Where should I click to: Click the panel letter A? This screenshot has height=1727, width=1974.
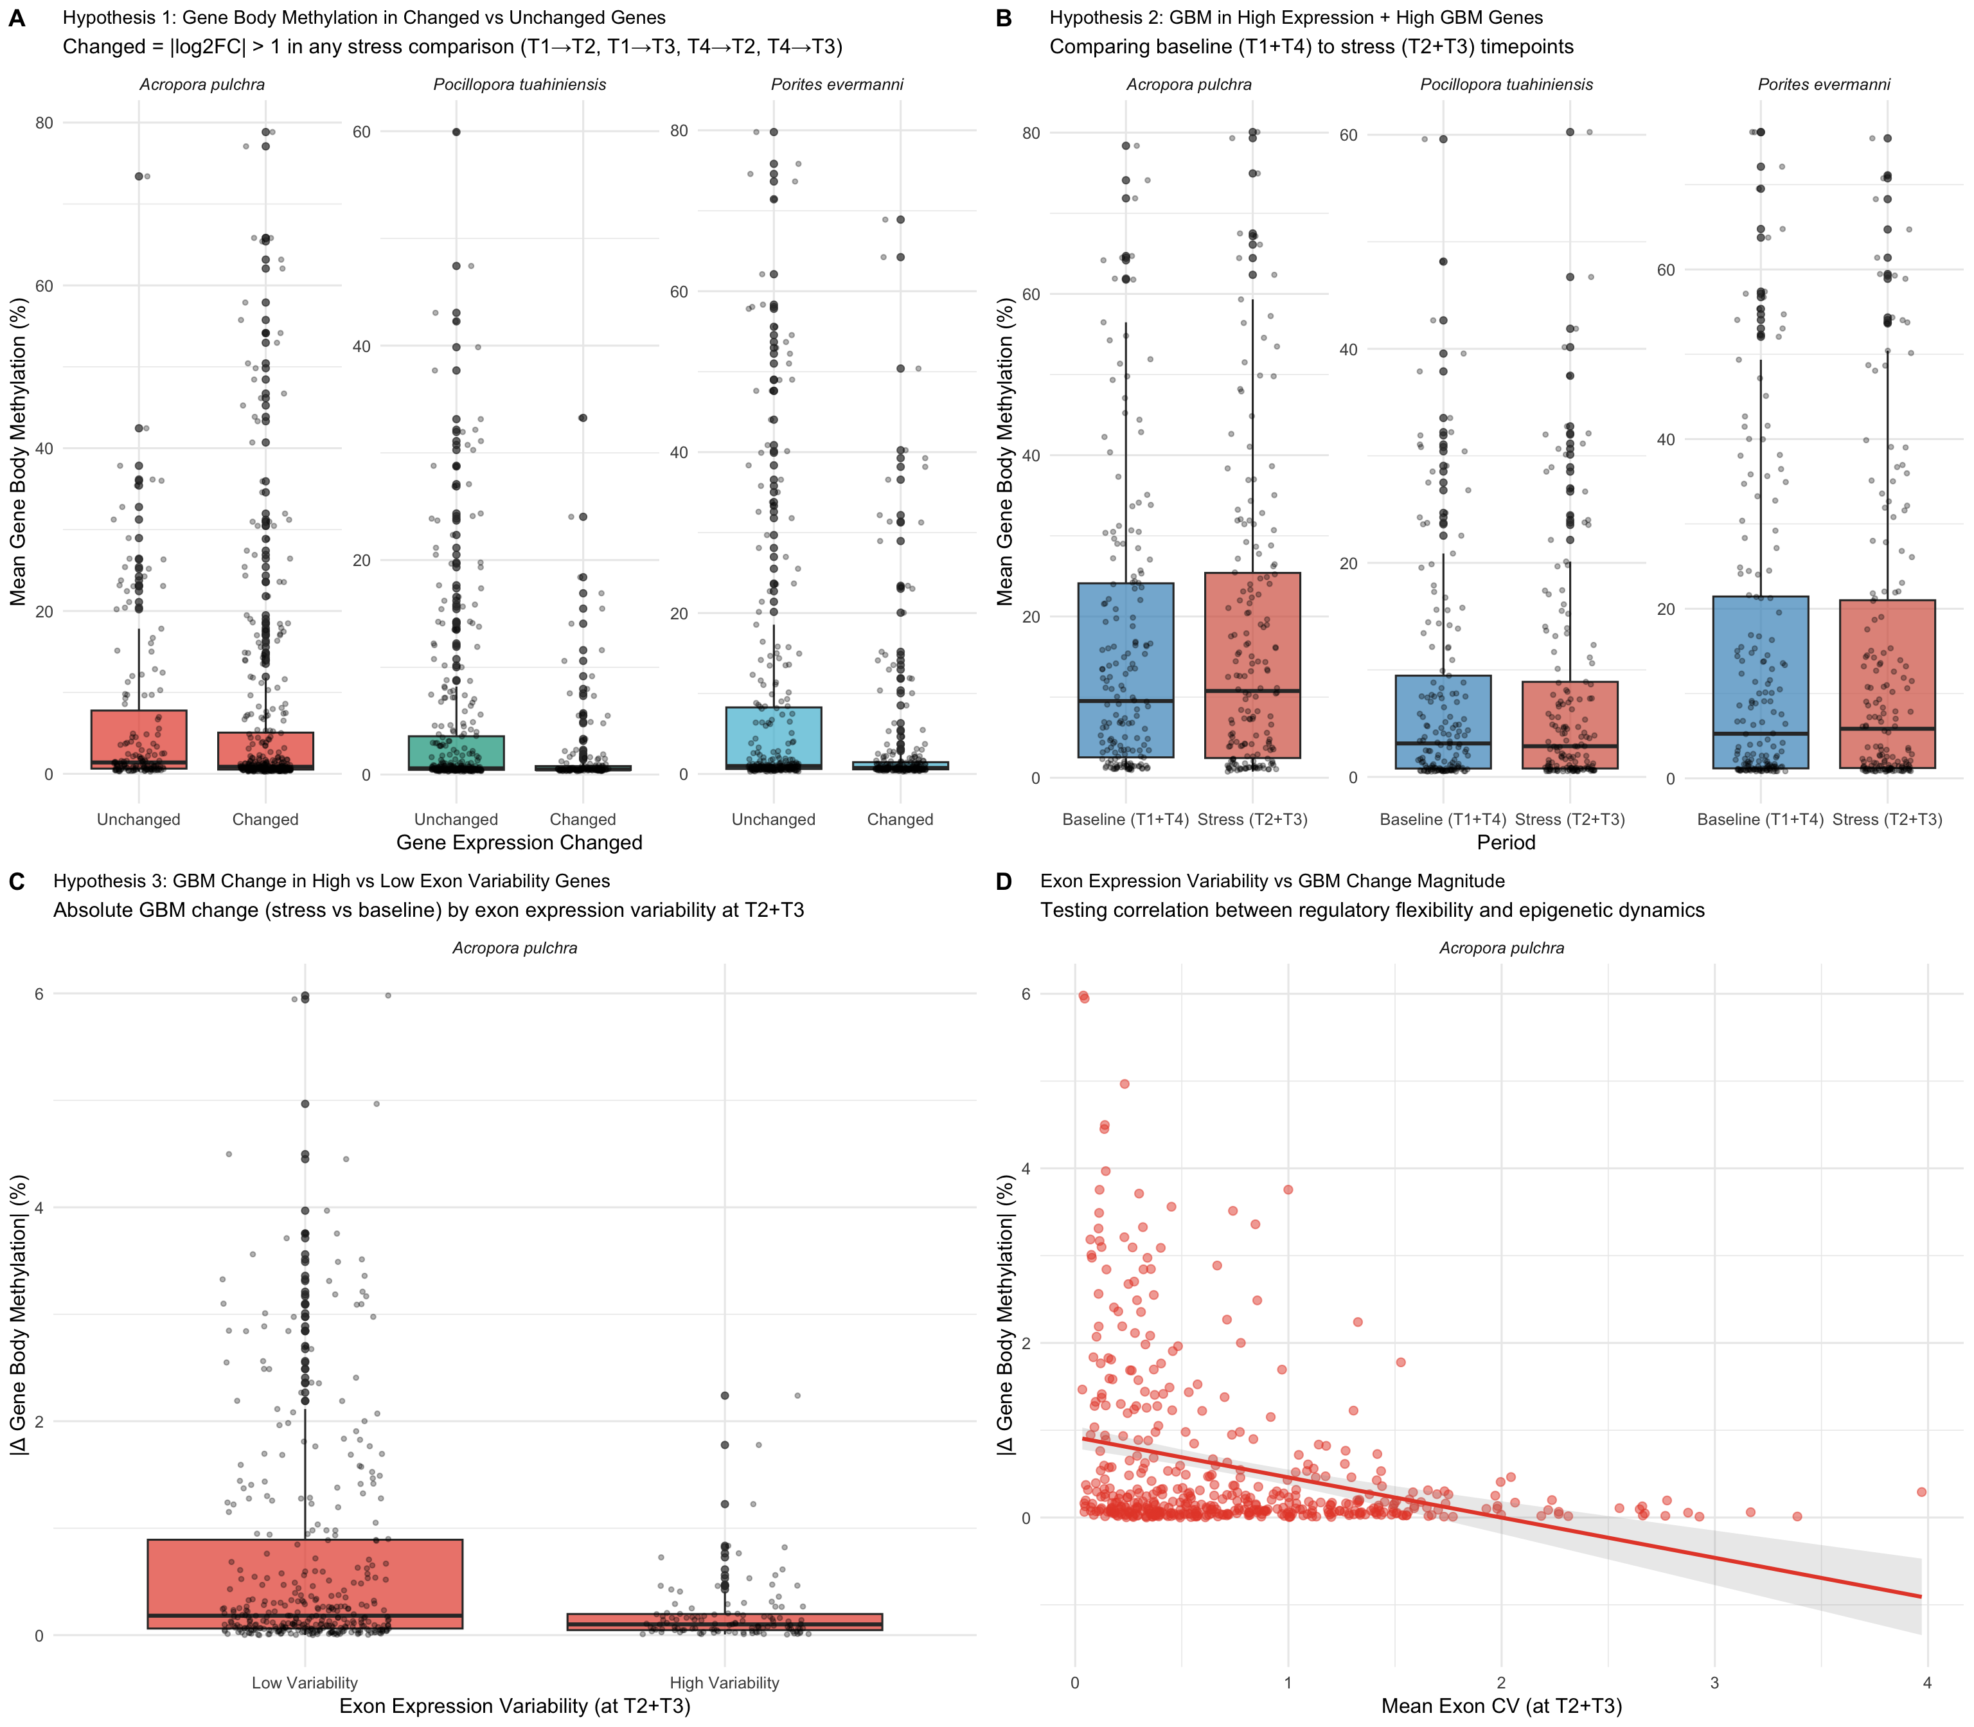coord(17,19)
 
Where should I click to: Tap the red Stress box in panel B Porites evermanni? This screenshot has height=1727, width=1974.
coord(1887,684)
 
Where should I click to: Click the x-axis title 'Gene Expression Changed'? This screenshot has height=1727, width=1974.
coord(519,843)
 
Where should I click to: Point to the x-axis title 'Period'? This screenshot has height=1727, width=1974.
coord(1506,843)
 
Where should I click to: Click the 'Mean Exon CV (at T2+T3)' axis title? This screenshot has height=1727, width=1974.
coord(1501,1706)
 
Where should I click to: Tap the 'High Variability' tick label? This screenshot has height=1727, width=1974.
coord(724,1683)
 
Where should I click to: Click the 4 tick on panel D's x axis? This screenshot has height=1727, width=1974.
coord(1926,1683)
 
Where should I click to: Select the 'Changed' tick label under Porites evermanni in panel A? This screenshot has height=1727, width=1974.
coord(900,819)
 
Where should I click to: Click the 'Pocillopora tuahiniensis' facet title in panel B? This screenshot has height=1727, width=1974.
coord(1506,85)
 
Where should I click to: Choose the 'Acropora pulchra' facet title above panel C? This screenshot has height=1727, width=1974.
coord(515,948)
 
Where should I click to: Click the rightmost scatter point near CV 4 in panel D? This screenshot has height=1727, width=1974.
coord(1921,1492)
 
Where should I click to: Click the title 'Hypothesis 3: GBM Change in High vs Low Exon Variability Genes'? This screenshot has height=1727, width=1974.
coord(332,881)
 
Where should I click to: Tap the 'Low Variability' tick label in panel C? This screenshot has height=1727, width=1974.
coord(305,1683)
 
